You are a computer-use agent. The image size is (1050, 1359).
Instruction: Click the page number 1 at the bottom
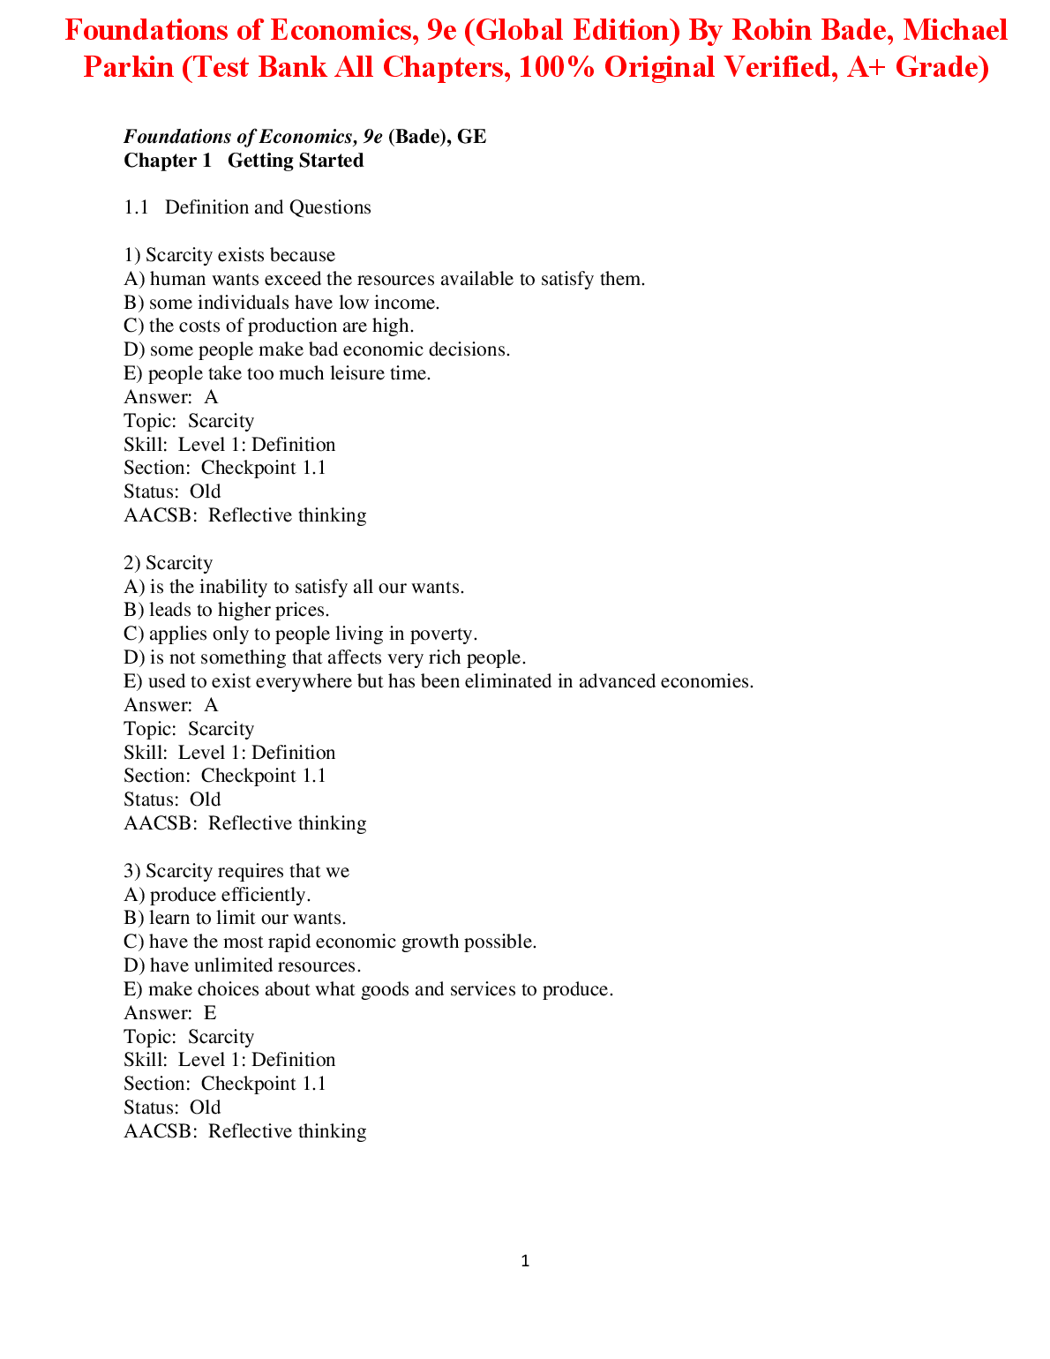525,1261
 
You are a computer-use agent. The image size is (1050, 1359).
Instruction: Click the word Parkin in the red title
128,66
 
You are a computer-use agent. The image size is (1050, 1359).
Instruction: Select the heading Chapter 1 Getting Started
244,161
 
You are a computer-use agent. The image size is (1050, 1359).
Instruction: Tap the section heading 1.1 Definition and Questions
247,207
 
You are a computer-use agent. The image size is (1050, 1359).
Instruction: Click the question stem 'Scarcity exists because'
229,255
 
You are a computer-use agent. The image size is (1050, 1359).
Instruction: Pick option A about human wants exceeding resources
385,279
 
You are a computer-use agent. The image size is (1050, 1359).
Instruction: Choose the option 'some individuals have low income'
281,303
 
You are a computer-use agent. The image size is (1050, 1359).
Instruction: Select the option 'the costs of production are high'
268,326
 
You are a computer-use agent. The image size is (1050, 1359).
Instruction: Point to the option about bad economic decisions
317,349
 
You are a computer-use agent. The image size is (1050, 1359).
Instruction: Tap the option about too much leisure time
277,373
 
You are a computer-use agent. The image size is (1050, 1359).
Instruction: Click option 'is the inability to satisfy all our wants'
294,587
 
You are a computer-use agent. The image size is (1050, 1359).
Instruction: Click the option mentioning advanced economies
439,681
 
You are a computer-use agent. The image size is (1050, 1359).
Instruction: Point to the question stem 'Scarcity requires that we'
236,871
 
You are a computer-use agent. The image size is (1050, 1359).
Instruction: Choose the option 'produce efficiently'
217,895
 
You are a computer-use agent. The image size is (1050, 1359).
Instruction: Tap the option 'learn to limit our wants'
235,918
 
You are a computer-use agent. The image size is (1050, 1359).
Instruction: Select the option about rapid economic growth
330,942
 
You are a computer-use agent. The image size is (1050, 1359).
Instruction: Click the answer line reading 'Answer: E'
170,1013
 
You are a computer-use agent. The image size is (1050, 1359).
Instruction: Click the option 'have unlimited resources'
243,965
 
